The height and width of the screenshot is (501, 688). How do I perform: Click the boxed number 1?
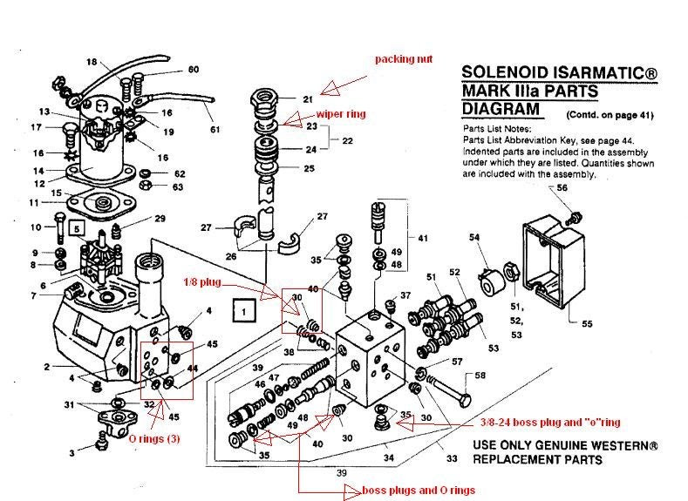tap(244, 308)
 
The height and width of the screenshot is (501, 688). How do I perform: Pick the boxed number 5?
tap(78, 229)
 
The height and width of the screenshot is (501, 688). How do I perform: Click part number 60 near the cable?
tap(193, 69)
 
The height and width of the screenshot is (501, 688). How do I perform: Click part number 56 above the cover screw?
tap(562, 187)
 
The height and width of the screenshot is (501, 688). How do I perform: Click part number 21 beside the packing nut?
tap(307, 99)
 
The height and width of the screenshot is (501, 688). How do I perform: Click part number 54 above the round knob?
tap(474, 237)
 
